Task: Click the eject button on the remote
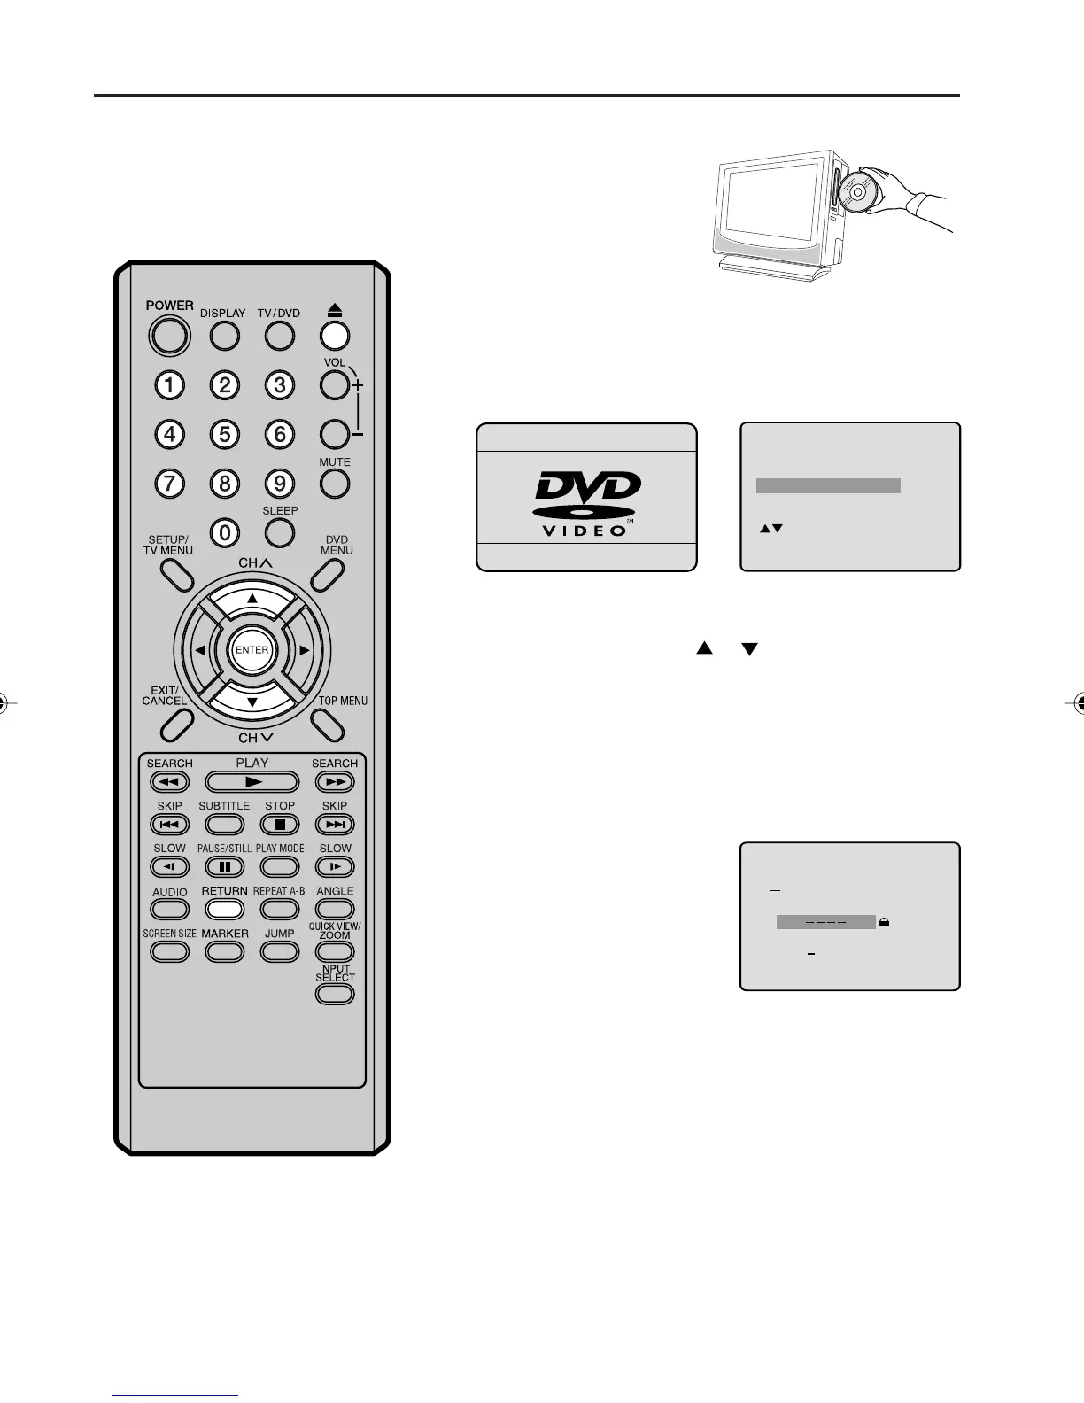(335, 336)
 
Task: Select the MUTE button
(335, 483)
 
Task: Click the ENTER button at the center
(252, 650)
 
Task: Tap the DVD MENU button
(328, 574)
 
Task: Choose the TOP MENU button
(328, 725)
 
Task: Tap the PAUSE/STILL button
(225, 867)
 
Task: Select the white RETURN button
(225, 909)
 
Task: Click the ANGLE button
(335, 909)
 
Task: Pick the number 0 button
(225, 531)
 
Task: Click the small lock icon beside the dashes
(885, 922)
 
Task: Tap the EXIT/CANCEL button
(177, 725)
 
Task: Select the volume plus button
(335, 385)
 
